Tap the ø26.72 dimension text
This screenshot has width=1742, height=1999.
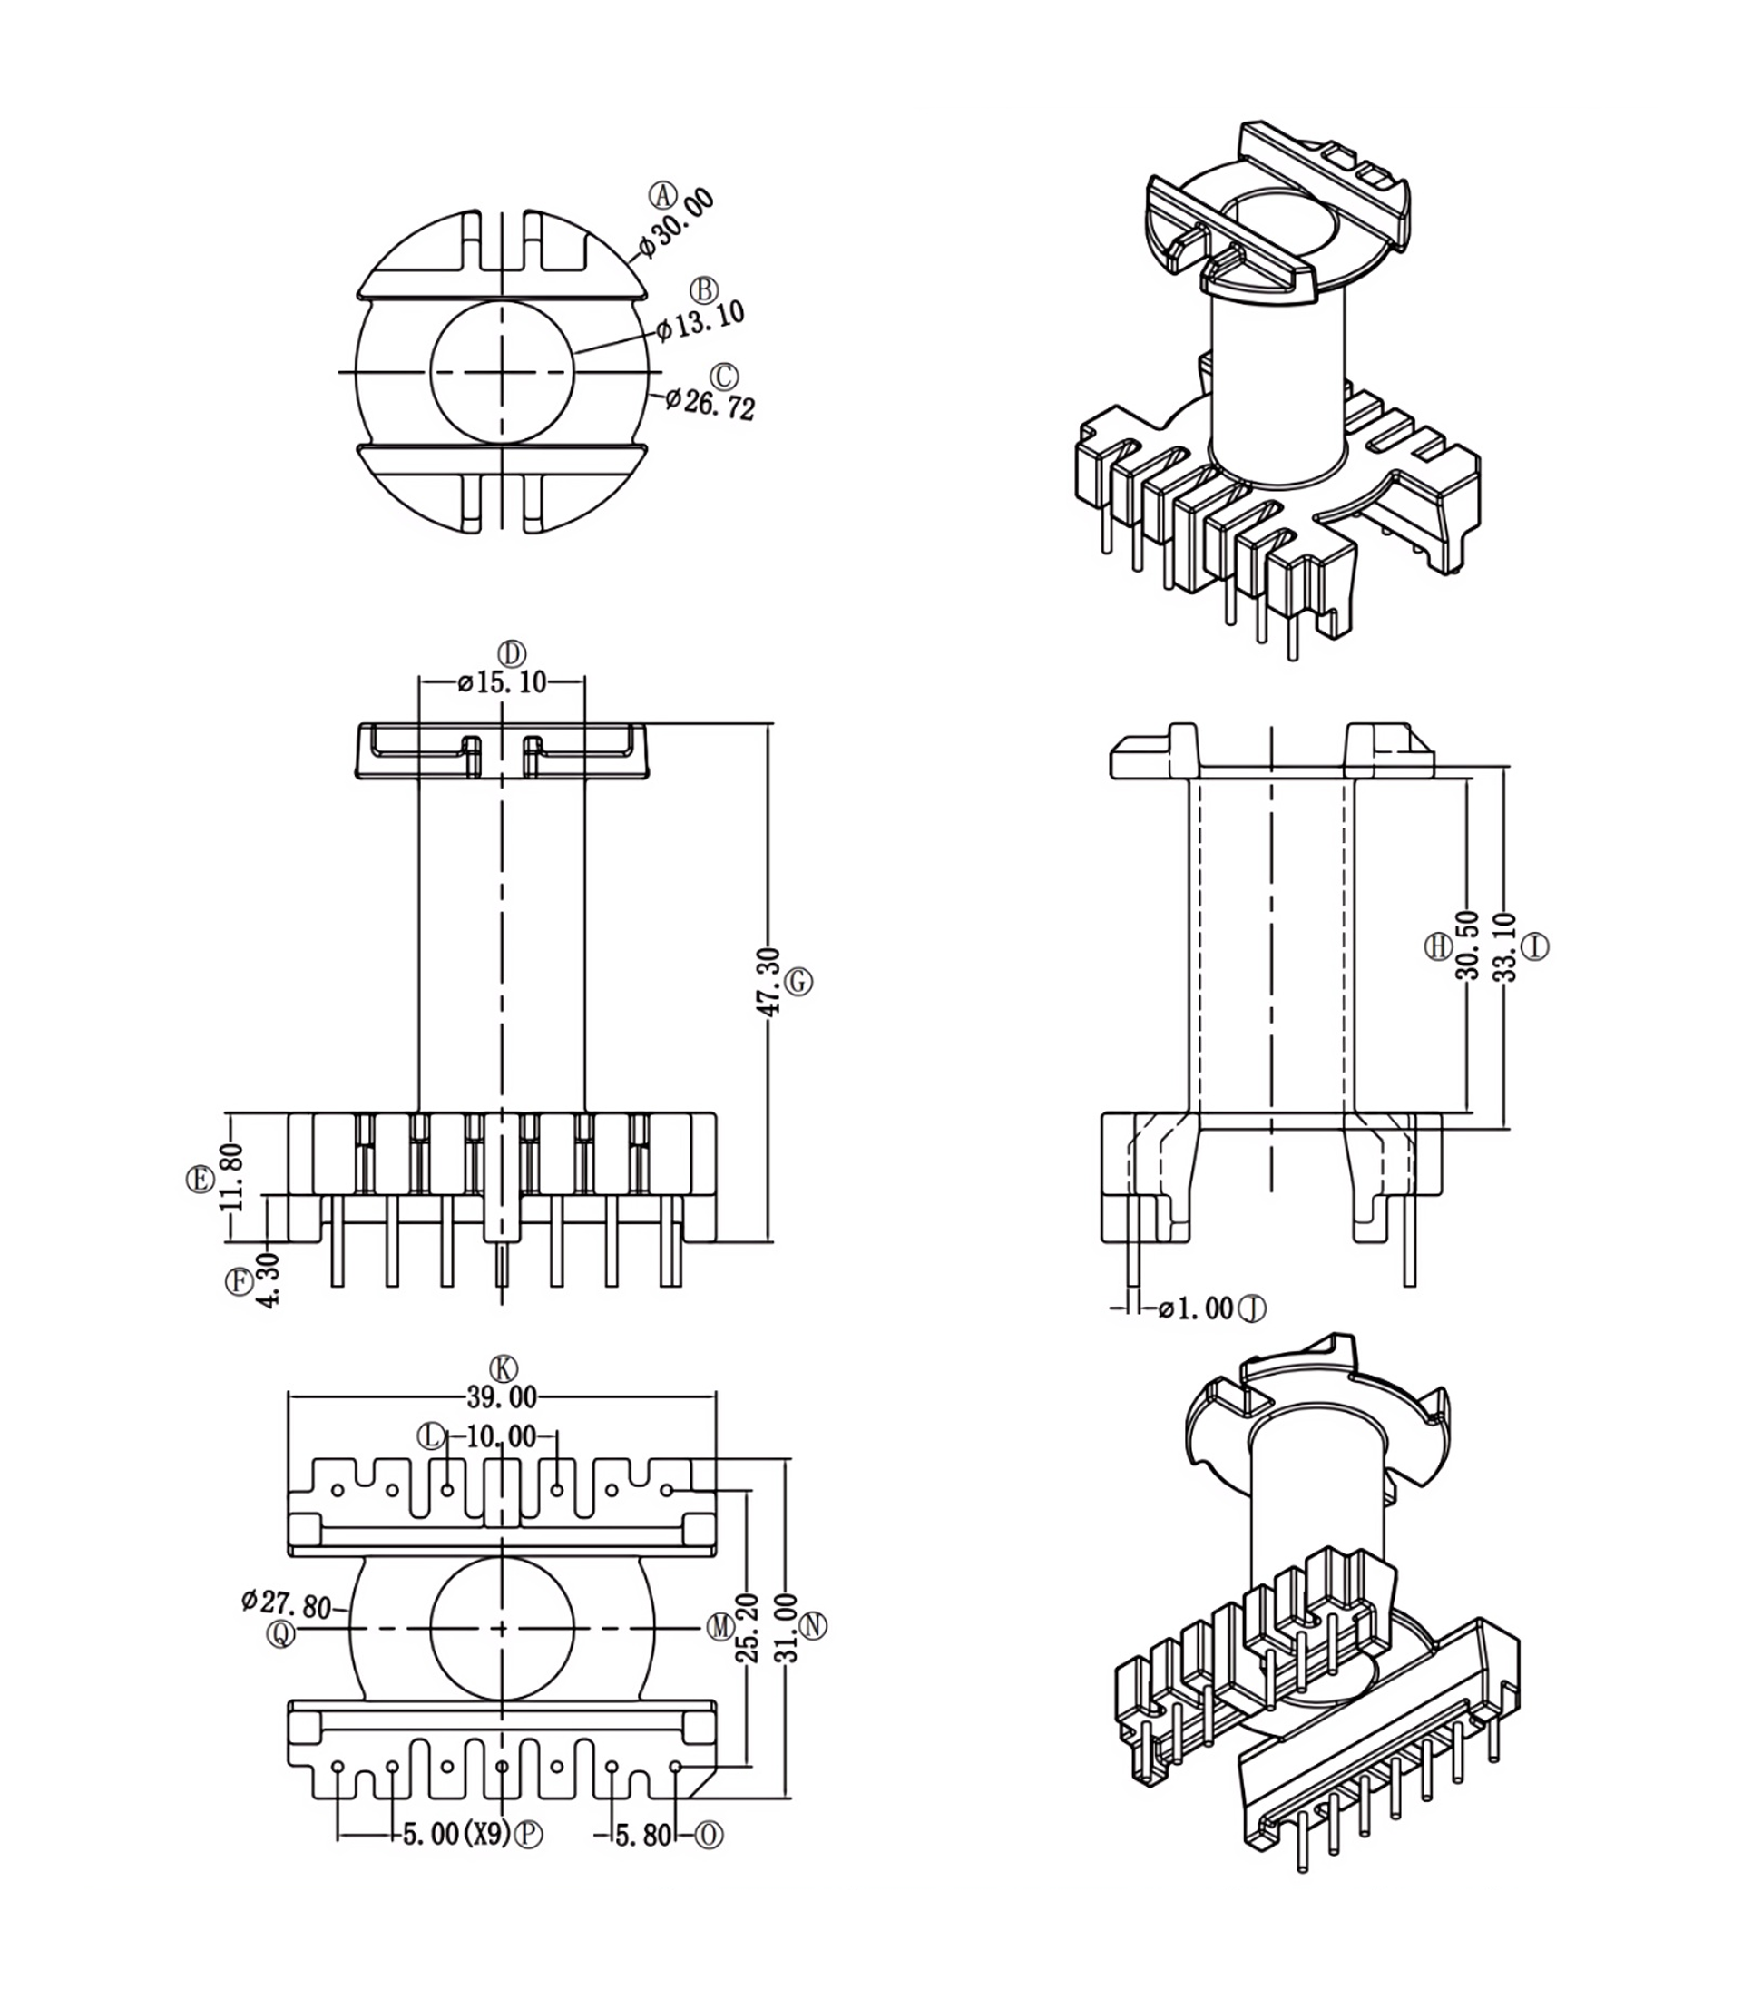(710, 403)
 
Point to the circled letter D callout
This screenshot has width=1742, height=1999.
(512, 652)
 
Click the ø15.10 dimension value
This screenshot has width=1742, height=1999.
(503, 682)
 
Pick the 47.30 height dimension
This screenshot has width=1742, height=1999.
(767, 982)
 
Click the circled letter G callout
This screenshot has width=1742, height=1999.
(798, 982)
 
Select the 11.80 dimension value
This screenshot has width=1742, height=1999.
(231, 1178)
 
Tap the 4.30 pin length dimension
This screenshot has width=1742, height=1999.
(269, 1280)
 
